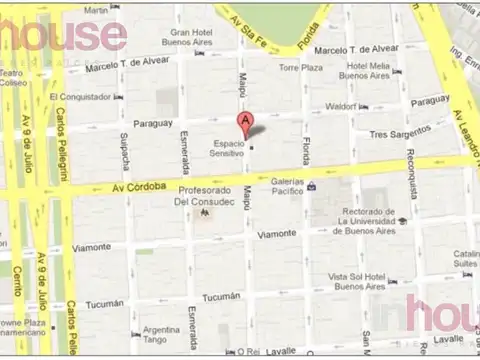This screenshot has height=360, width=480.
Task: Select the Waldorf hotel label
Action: tap(342, 105)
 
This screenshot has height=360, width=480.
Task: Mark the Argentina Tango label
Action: tap(160, 335)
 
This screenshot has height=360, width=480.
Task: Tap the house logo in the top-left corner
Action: tap(65, 35)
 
